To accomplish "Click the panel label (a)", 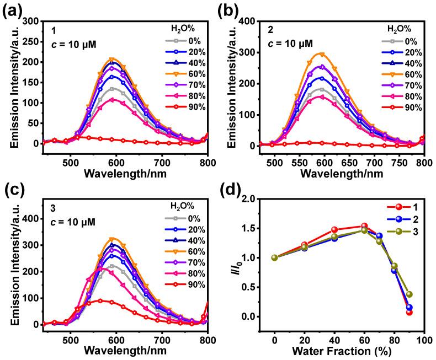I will coord(12,10).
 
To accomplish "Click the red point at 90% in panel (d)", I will coord(409,312).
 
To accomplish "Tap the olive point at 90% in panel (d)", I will coord(409,294).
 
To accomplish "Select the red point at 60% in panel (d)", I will coord(364,226).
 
